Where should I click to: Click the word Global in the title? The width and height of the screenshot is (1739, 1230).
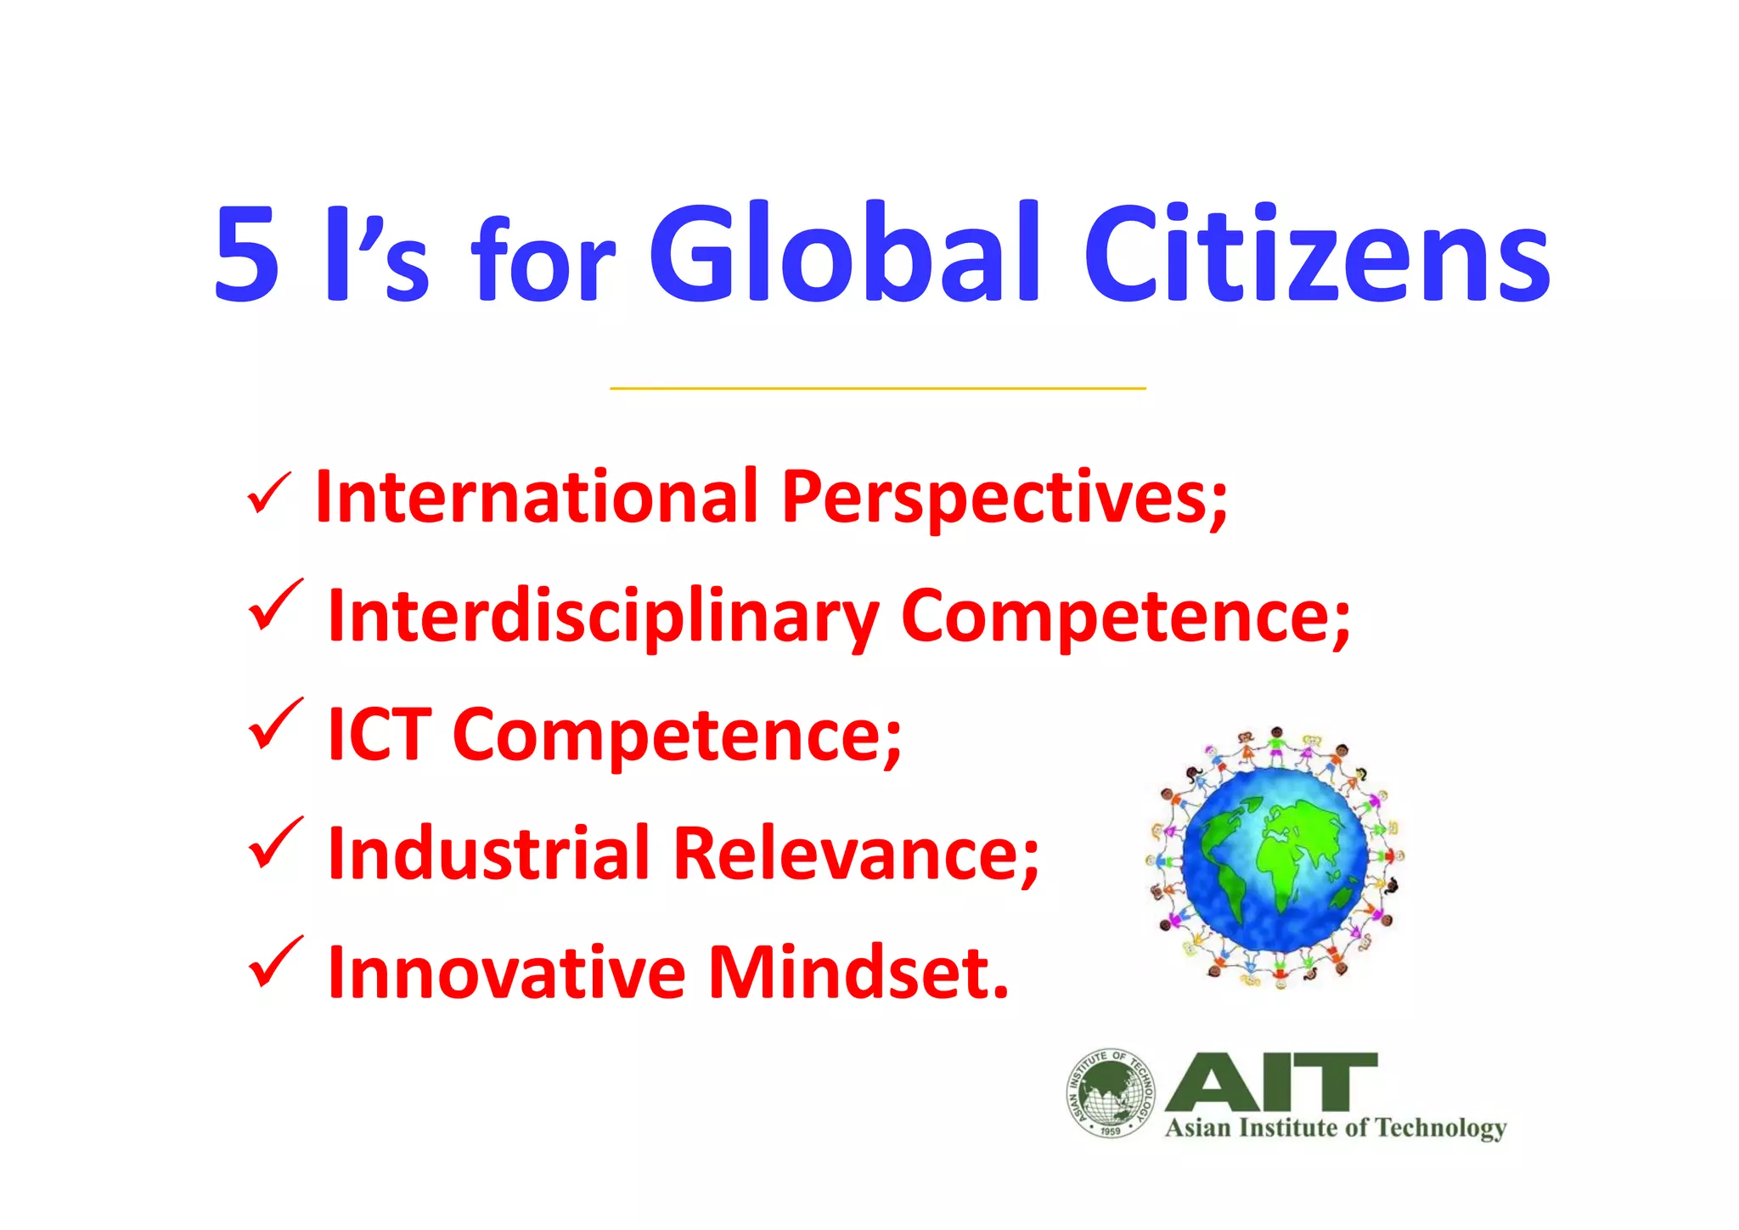click(845, 253)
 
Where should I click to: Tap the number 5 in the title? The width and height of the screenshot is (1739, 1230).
click(246, 255)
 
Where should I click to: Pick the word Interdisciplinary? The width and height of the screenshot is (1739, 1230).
click(604, 618)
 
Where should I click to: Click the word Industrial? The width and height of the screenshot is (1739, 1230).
click(488, 853)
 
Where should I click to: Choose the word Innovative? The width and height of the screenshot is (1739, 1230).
click(506, 972)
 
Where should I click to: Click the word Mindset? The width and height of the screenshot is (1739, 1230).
click(858, 972)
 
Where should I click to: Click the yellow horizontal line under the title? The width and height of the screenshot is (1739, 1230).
click(878, 388)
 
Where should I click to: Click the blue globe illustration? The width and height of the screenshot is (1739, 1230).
click(1275, 858)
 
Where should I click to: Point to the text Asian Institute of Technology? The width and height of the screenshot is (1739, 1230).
click(1336, 1128)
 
